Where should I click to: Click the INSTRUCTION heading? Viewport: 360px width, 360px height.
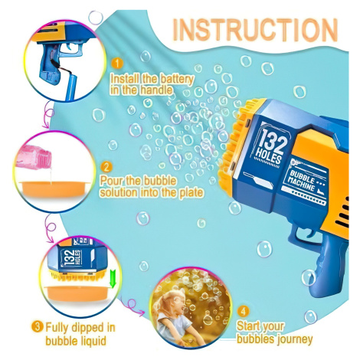pos(255,30)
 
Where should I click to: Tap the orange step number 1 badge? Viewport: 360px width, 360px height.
pos(117,63)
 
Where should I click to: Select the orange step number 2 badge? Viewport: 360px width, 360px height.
pos(106,167)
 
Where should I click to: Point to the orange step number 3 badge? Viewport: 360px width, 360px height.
pos(38,327)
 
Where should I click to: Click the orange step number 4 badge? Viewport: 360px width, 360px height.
pos(243,311)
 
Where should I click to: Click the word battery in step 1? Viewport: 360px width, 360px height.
pos(176,80)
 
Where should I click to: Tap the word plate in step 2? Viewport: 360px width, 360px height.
pos(191,192)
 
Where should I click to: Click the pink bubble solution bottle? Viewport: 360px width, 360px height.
pos(34,156)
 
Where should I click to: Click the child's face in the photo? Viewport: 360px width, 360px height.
pos(175,305)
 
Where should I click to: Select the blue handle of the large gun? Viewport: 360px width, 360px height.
pos(328,266)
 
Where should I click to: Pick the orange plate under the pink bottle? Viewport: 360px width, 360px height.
pos(54,189)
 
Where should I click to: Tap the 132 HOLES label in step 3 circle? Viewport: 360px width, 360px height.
pos(72,257)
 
